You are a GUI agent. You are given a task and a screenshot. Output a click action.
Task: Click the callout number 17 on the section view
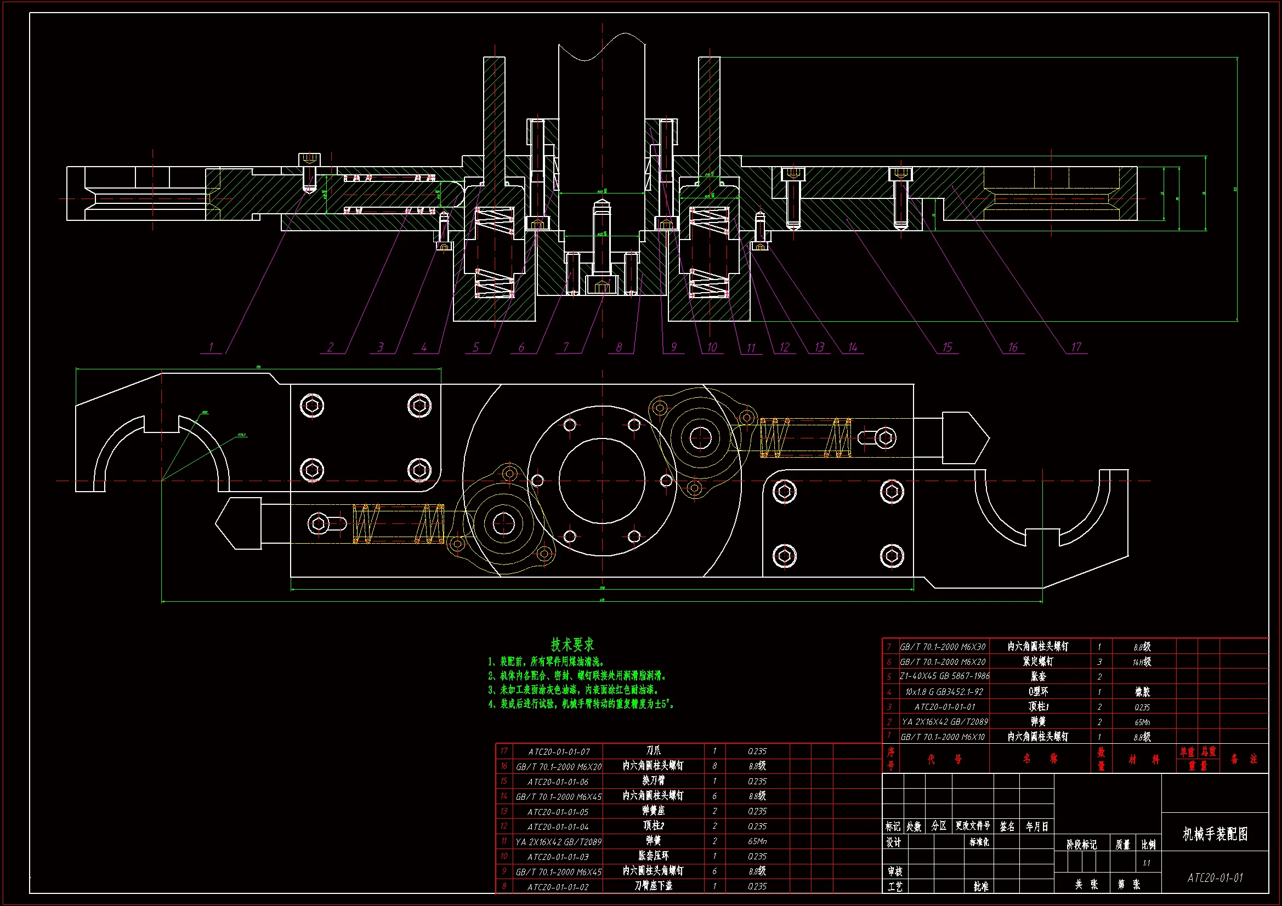pyautogui.click(x=1076, y=347)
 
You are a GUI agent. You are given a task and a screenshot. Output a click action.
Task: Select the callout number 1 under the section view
pyautogui.click(x=211, y=347)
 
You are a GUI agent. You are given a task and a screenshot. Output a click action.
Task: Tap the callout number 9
pyautogui.click(x=673, y=347)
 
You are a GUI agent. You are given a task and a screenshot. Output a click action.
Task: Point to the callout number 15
pyautogui.click(x=947, y=347)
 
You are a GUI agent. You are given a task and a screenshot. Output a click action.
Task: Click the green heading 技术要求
pyautogui.click(x=572, y=645)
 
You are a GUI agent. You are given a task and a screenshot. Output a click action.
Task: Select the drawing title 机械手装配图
pyautogui.click(x=1215, y=834)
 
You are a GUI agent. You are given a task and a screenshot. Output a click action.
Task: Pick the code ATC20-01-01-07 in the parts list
pyautogui.click(x=559, y=752)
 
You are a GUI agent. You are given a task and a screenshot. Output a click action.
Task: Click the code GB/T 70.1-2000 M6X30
pyautogui.click(x=943, y=647)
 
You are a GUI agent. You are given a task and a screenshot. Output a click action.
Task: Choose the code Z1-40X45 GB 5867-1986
pyautogui.click(x=944, y=676)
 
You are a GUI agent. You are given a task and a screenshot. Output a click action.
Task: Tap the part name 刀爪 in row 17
pyautogui.click(x=653, y=751)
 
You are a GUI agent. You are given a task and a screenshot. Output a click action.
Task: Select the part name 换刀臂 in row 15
pyautogui.click(x=653, y=781)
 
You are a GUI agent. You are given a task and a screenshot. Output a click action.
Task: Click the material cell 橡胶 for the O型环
pyautogui.click(x=1142, y=692)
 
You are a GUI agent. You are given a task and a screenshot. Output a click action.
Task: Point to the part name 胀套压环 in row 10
pyautogui.click(x=653, y=856)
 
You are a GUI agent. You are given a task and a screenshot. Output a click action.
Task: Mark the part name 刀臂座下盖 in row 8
pyautogui.click(x=653, y=886)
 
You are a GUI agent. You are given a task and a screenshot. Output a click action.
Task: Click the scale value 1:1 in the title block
pyautogui.click(x=1147, y=863)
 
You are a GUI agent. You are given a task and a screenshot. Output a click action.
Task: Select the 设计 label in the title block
pyautogui.click(x=893, y=842)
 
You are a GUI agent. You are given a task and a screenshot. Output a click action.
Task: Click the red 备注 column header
pyautogui.click(x=1244, y=759)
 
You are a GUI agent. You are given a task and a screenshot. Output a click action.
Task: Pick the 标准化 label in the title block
pyautogui.click(x=979, y=842)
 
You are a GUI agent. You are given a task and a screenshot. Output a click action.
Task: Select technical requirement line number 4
pyautogui.click(x=581, y=704)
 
